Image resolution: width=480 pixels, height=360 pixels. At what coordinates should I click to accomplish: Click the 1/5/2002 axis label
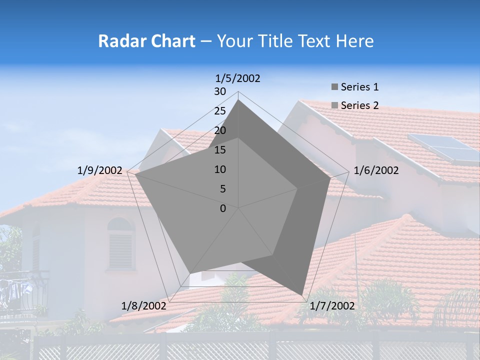(x=238, y=78)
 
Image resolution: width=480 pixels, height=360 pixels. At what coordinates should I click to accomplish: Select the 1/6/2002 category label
(x=376, y=170)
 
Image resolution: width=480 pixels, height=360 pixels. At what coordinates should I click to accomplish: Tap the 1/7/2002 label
(x=332, y=306)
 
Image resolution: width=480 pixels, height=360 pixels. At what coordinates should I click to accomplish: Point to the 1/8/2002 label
(x=144, y=306)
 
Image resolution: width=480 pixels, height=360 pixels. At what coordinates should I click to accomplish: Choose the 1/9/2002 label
(x=100, y=170)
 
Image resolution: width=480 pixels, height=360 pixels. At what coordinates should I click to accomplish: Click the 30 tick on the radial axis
(x=220, y=91)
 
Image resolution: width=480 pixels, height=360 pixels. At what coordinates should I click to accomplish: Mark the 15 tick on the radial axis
(x=220, y=150)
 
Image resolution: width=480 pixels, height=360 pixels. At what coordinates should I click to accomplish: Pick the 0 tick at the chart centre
(x=223, y=208)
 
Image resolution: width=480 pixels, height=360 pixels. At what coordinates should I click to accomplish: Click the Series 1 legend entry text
(x=359, y=87)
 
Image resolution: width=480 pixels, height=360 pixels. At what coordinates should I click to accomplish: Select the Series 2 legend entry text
(x=359, y=105)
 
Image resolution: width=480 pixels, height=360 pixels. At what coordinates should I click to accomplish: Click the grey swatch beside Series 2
(x=334, y=105)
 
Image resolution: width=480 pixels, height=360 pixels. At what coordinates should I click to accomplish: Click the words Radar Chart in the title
(x=146, y=41)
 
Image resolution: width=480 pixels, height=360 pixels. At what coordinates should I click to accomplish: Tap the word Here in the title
(x=354, y=41)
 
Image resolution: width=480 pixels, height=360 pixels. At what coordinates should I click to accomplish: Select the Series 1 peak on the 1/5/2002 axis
(x=238, y=100)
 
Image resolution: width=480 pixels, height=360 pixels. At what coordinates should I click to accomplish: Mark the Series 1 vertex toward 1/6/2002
(x=330, y=178)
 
